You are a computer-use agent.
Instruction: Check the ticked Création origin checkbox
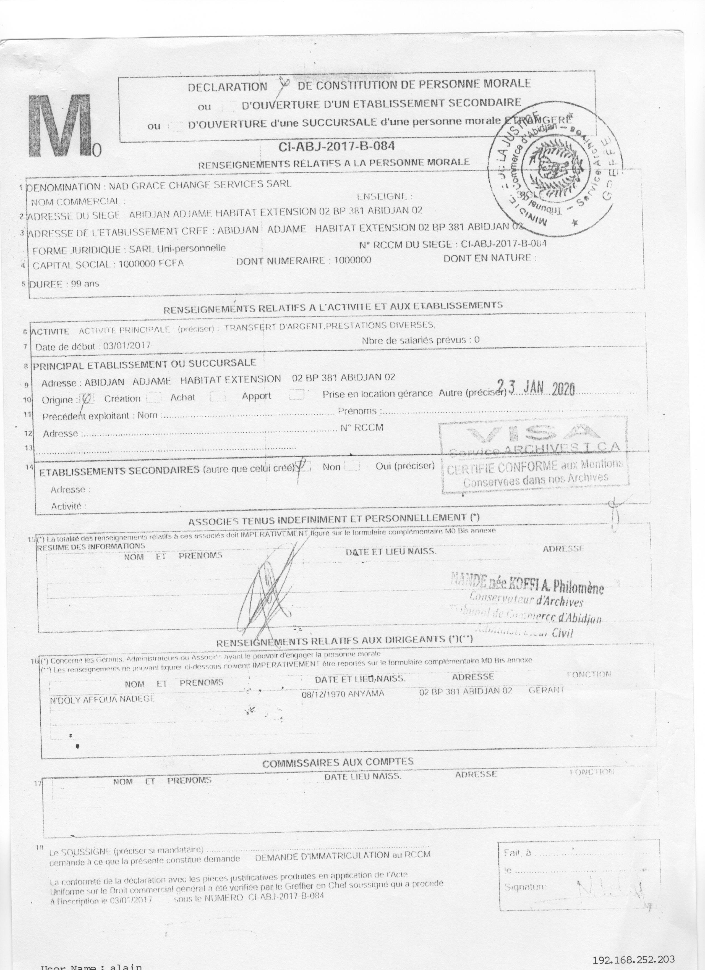tap(88, 399)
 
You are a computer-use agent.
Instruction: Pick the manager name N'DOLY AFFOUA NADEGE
tap(102, 699)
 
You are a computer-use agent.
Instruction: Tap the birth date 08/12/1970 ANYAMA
tap(343, 694)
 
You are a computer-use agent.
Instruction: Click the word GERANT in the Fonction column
tap(546, 690)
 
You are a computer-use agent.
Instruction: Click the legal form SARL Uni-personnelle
tap(177, 248)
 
